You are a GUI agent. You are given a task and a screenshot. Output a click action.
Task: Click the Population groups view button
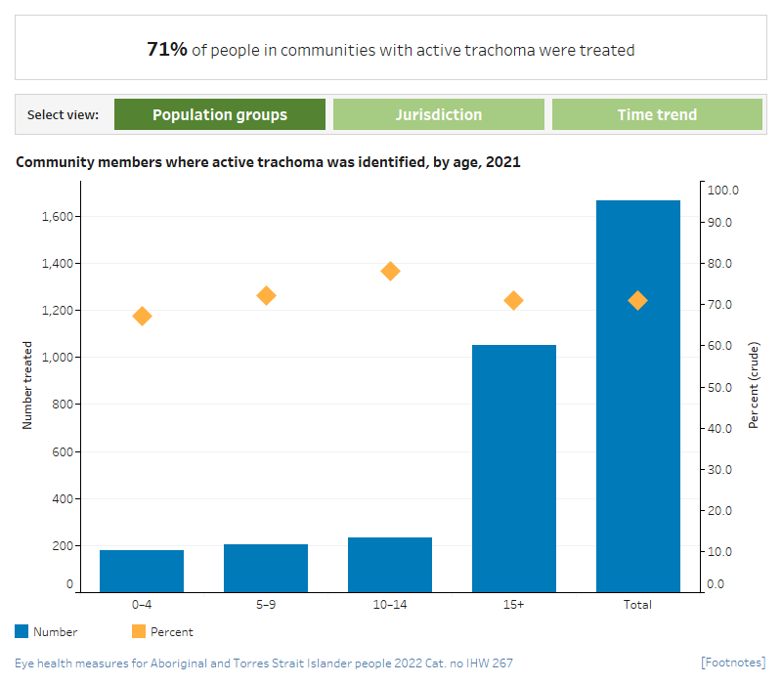coord(220,114)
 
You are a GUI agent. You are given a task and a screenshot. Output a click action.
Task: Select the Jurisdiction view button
coord(438,114)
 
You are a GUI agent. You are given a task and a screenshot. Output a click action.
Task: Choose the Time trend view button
coord(657,114)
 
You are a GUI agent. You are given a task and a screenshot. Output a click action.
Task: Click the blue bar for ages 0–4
coord(142,571)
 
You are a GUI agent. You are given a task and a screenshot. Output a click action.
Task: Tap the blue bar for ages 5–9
coord(266,568)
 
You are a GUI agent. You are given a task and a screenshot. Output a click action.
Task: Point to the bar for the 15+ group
coord(514,468)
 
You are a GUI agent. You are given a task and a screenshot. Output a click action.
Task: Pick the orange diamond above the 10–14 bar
coord(390,271)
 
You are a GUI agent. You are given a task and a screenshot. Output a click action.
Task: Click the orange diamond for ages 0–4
coord(142,316)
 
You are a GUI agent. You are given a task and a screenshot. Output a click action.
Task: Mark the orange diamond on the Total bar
coord(637,300)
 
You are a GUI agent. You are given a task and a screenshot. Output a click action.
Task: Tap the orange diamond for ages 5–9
coord(266,295)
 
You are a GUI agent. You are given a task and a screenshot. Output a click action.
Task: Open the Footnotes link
coord(733,663)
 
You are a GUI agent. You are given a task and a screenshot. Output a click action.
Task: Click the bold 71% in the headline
coord(167,49)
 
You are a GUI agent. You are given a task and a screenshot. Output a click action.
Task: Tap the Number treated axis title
coord(27,385)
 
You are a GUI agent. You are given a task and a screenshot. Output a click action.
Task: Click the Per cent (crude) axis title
coord(754,385)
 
